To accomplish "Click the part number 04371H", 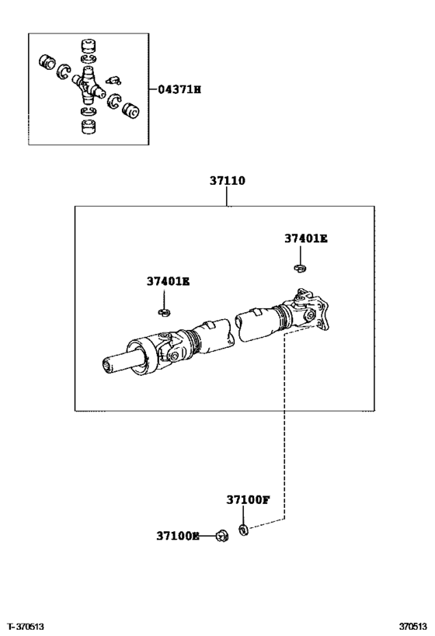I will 179,90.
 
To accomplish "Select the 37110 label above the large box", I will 227,181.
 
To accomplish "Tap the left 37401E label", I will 167,281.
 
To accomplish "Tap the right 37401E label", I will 305,239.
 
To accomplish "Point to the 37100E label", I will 178,536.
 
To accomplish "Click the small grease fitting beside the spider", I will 111,78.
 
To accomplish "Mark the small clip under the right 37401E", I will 299,269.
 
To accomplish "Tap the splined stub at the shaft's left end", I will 120,363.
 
